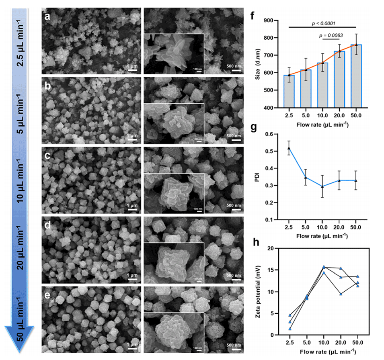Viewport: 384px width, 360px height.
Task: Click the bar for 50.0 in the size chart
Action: pos(356,76)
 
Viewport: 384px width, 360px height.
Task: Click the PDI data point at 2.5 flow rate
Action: pos(289,148)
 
